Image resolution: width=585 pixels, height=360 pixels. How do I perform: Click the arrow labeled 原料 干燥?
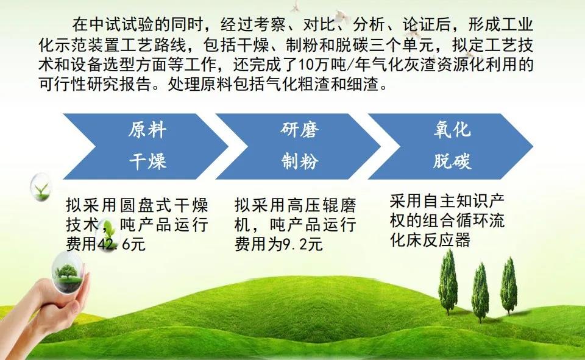point(146,146)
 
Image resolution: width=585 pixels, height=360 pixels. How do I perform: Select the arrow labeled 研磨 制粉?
point(298,146)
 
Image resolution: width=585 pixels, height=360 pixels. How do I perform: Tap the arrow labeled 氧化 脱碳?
point(451,146)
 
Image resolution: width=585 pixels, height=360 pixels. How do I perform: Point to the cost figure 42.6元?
point(121,244)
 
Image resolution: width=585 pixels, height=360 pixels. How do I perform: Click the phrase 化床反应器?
point(430,240)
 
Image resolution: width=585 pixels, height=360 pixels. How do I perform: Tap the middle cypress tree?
point(480,292)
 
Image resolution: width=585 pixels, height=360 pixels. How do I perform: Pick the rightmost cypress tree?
point(508,286)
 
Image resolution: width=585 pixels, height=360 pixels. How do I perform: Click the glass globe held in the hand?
point(68,271)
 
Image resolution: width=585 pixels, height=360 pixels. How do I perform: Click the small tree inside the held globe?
point(67,272)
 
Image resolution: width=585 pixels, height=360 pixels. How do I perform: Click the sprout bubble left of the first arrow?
point(41,187)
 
